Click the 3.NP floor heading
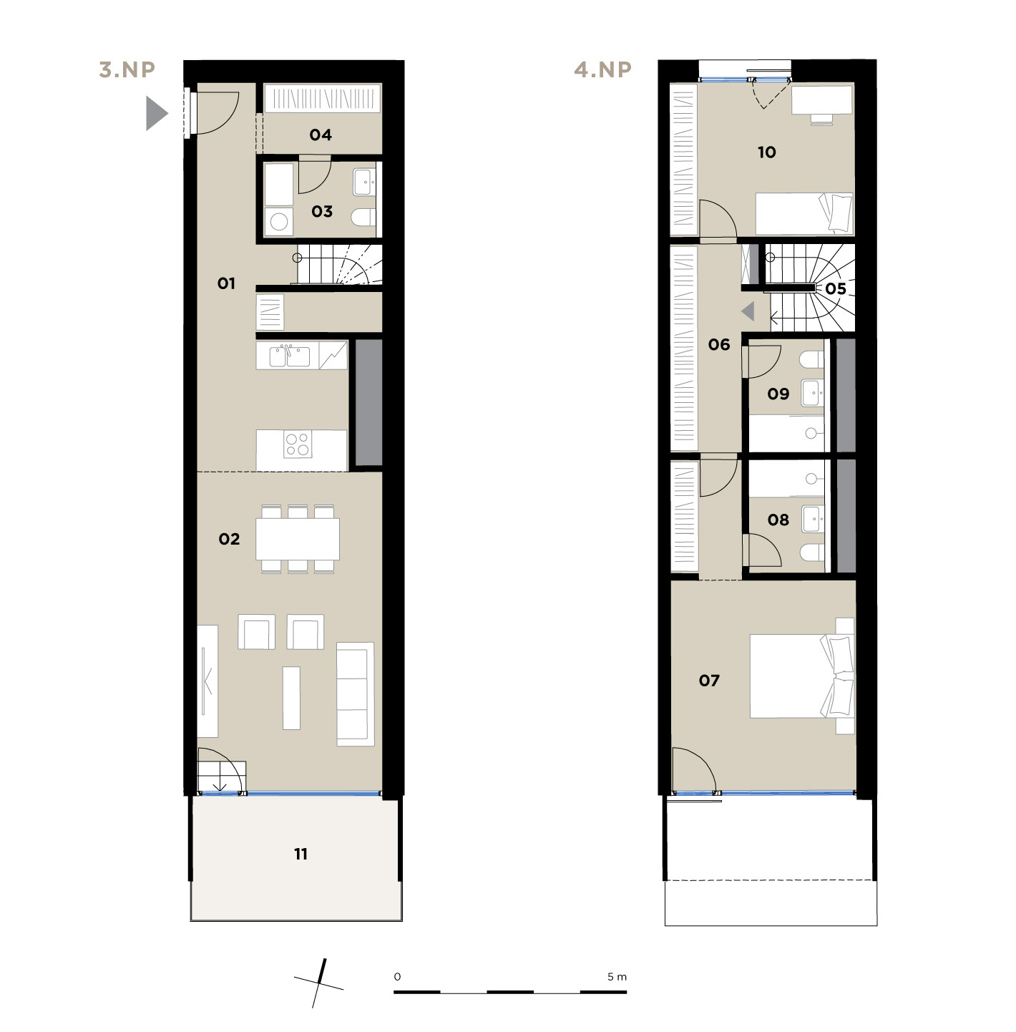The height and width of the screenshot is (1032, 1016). click(127, 69)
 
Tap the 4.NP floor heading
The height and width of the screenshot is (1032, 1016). click(602, 69)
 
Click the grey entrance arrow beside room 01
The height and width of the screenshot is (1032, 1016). click(157, 114)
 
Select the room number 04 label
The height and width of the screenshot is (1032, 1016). click(321, 135)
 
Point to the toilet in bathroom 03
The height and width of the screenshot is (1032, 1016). click(363, 217)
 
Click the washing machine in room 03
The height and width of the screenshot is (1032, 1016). click(279, 221)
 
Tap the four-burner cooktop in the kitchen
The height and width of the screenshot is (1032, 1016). click(297, 444)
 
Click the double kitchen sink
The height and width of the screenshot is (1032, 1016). click(289, 356)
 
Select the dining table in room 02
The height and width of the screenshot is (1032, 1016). click(297, 539)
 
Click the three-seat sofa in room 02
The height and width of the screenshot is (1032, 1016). click(355, 694)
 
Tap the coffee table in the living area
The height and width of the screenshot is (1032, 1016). click(291, 698)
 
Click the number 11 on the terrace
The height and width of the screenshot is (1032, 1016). click(301, 855)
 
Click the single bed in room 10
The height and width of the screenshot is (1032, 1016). click(804, 214)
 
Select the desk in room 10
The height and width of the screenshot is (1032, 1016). click(821, 99)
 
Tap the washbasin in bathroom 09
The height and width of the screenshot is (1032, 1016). click(812, 393)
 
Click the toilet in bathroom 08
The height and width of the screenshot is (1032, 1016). click(812, 552)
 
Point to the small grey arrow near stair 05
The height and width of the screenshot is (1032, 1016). click(748, 311)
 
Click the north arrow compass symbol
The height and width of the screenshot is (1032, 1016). click(319, 983)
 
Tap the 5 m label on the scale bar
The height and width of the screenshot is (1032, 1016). click(617, 977)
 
